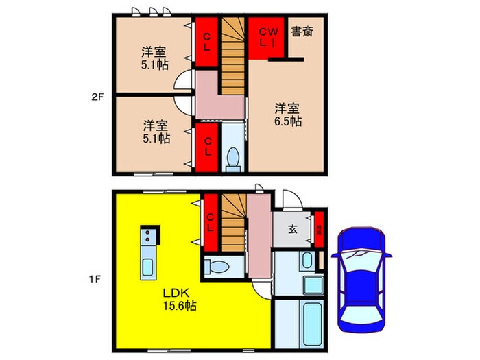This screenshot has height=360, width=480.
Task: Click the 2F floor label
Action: [x=97, y=97]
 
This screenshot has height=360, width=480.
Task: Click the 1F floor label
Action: [x=97, y=279]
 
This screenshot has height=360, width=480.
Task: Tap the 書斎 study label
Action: [x=302, y=32]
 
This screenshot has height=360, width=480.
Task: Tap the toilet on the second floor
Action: [x=232, y=158]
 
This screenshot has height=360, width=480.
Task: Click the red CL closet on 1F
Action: [x=211, y=224]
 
